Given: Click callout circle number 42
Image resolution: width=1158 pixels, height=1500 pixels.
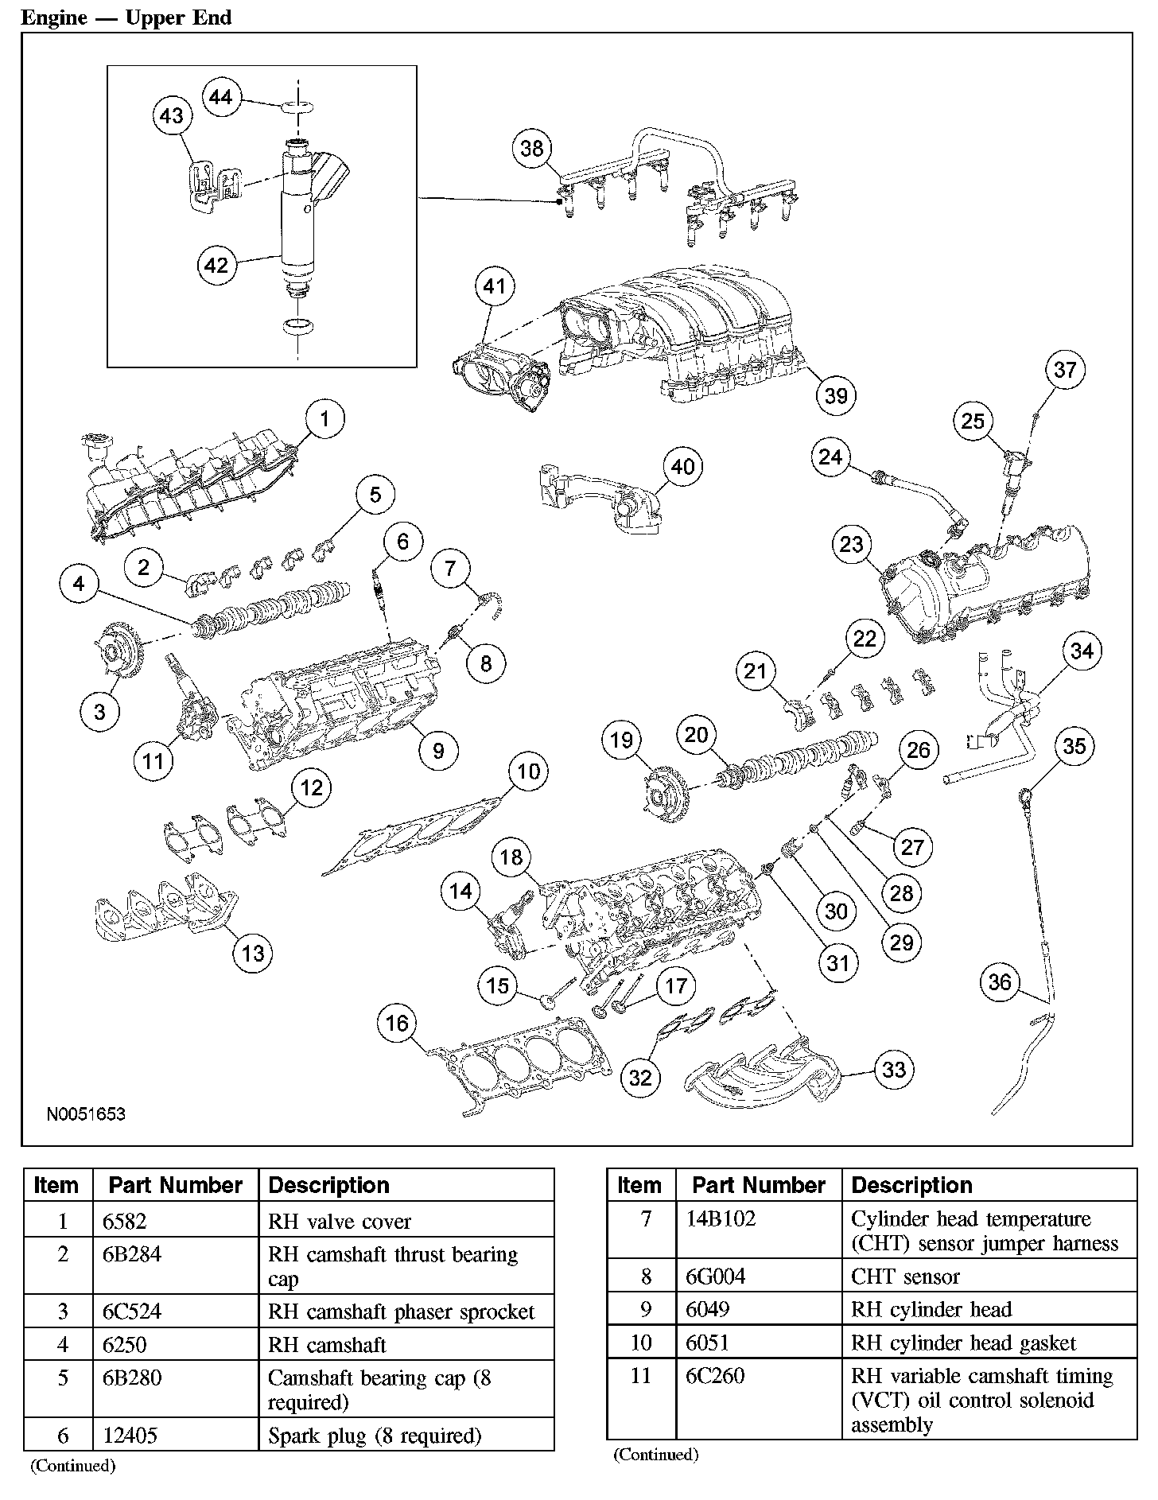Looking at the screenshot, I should (216, 265).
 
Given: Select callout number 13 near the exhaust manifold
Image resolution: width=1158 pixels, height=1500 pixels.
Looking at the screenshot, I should (253, 953).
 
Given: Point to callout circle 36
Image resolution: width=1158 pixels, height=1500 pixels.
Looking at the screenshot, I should (1000, 982).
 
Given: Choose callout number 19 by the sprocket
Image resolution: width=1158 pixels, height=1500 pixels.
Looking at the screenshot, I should (621, 740).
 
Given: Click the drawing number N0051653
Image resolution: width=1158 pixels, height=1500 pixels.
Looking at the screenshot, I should (86, 1114).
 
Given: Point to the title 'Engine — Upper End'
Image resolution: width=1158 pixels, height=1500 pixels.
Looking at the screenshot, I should (126, 17).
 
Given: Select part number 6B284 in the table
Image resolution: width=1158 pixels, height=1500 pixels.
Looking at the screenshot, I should (132, 1254).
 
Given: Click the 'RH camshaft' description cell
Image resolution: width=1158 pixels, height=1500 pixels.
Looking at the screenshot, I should (327, 1345).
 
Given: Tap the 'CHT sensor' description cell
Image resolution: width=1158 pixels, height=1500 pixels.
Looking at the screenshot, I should (905, 1277).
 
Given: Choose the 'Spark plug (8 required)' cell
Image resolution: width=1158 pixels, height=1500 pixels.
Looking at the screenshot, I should (375, 1436).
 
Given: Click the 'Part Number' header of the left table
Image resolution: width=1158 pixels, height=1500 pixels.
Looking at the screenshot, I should (175, 1185).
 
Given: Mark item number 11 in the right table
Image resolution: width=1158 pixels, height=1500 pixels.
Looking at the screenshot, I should (640, 1375).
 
